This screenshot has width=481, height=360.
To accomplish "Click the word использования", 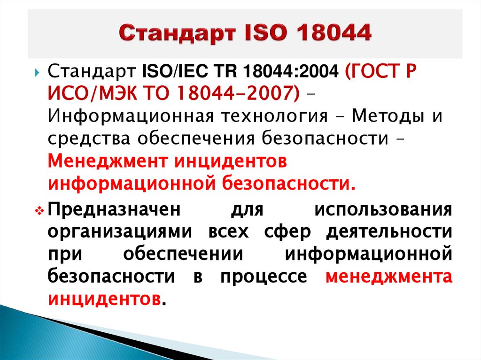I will [x=384, y=209].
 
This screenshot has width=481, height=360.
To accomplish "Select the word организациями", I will [x=119, y=232].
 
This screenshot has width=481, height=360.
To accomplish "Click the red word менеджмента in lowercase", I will [x=389, y=277].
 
